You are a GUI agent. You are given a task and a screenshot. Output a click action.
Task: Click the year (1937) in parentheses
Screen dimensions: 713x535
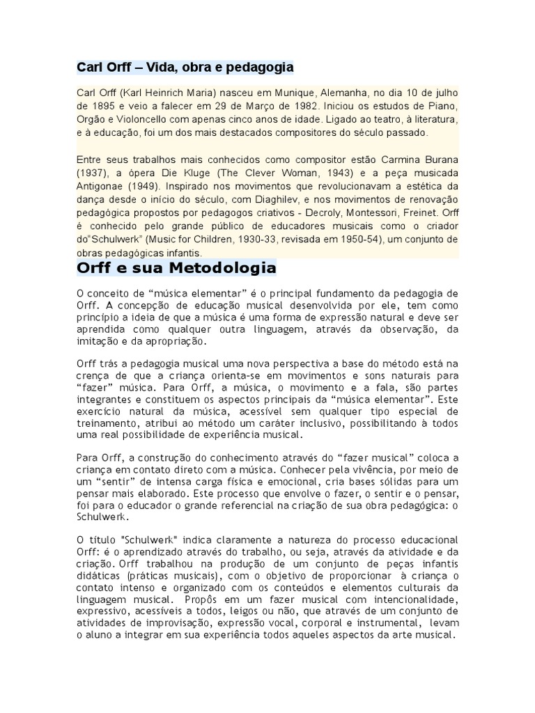[x=93, y=173]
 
